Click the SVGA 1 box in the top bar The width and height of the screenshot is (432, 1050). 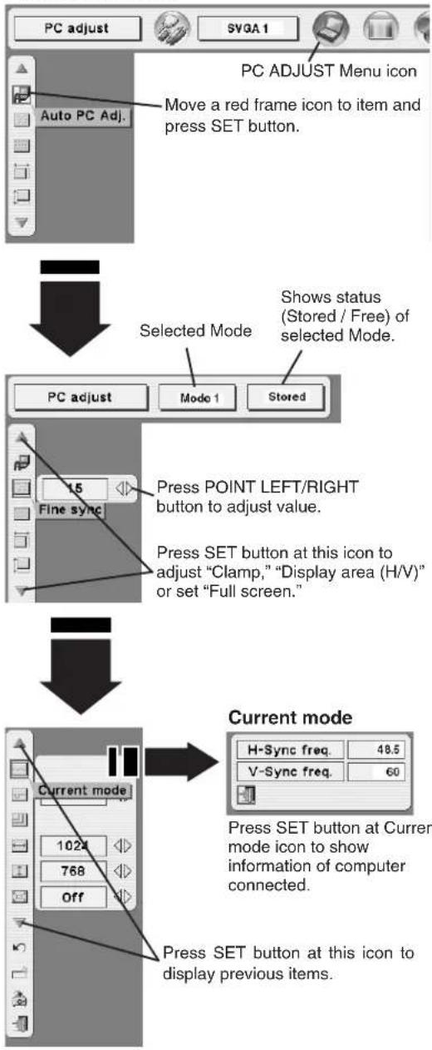click(x=248, y=28)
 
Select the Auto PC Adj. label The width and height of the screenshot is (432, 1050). click(x=83, y=116)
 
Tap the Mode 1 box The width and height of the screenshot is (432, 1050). click(x=199, y=398)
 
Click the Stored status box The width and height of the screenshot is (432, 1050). click(x=287, y=397)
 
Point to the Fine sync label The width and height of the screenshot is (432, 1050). click(x=71, y=510)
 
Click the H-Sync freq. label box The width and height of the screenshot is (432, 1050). click(x=290, y=750)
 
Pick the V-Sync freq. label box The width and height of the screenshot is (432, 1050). click(x=290, y=771)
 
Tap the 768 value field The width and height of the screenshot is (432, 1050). click(x=73, y=871)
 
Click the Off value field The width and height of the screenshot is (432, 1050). click(x=73, y=897)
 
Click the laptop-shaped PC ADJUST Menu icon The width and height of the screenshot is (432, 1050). click(x=331, y=27)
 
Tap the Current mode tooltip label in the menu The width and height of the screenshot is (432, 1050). click(x=83, y=790)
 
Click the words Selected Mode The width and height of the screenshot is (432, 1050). click(x=195, y=331)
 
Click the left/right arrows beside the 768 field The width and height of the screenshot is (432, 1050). click(x=123, y=871)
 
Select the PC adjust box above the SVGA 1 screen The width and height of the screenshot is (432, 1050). click(x=77, y=28)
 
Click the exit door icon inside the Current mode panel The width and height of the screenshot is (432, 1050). click(x=246, y=795)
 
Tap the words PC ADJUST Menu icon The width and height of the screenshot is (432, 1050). click(x=328, y=72)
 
